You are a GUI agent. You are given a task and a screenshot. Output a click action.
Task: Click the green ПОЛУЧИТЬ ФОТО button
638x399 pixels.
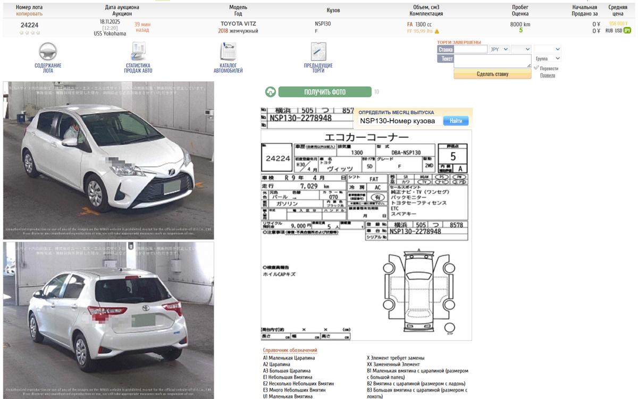tap(325, 92)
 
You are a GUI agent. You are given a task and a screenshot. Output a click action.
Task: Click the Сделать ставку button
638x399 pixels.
tap(492, 74)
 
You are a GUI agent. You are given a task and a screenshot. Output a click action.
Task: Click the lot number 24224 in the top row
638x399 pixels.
tap(29, 25)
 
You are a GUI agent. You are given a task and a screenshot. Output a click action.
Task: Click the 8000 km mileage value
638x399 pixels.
tap(520, 24)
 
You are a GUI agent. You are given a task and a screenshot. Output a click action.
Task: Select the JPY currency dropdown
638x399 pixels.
tap(499, 49)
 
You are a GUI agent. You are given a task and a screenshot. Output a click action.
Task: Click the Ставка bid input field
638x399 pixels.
tap(471, 49)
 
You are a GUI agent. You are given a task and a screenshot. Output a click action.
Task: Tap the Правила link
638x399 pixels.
tap(547, 75)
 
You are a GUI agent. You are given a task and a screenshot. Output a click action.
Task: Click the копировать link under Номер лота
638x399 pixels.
tap(29, 13)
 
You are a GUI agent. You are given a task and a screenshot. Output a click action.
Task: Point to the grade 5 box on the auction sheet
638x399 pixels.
tap(453, 156)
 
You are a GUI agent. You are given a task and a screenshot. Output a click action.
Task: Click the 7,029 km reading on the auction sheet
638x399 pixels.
tap(309, 186)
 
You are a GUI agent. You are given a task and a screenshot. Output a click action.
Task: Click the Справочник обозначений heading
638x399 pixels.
tap(290, 350)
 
